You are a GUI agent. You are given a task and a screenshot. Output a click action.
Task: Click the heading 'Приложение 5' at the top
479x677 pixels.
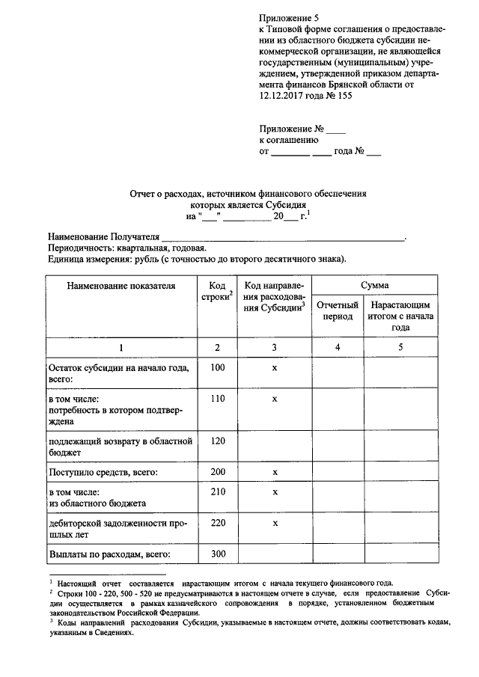pyautogui.click(x=288, y=16)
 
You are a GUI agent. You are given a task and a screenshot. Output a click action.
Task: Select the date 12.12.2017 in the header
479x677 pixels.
pyautogui.click(x=286, y=96)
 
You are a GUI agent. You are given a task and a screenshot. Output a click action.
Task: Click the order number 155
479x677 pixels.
pyautogui.click(x=343, y=96)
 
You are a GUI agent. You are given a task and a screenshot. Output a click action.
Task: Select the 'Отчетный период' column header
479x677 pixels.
pyautogui.click(x=337, y=311)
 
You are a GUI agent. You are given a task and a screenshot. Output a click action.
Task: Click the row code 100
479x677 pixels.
pyautogui.click(x=218, y=367)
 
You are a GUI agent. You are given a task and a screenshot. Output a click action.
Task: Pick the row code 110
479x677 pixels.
pyautogui.click(x=218, y=399)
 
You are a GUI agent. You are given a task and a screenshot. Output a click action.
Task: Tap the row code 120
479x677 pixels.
pyautogui.click(x=218, y=441)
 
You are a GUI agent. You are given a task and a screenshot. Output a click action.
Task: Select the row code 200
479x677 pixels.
pyautogui.click(x=218, y=473)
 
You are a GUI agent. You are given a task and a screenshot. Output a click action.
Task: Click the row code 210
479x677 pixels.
pyautogui.click(x=218, y=491)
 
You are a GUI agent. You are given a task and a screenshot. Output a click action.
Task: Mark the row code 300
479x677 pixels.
pyautogui.click(x=218, y=554)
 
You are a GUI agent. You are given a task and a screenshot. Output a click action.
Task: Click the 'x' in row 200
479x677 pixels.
pyautogui.click(x=275, y=473)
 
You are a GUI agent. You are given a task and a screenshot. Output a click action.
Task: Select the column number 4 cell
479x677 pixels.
pyautogui.click(x=338, y=347)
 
